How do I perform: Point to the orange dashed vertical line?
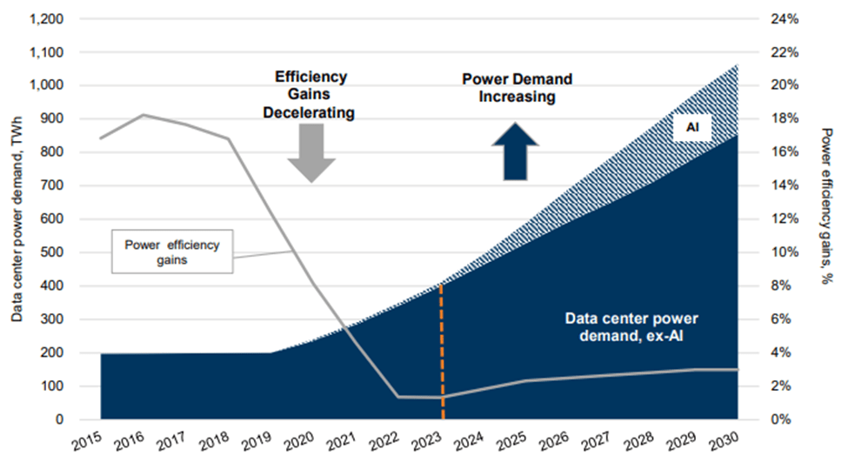pos(441,348)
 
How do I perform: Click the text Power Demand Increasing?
pos(517,88)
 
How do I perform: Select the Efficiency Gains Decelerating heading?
pos(312,94)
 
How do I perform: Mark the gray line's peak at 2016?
pos(144,115)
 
